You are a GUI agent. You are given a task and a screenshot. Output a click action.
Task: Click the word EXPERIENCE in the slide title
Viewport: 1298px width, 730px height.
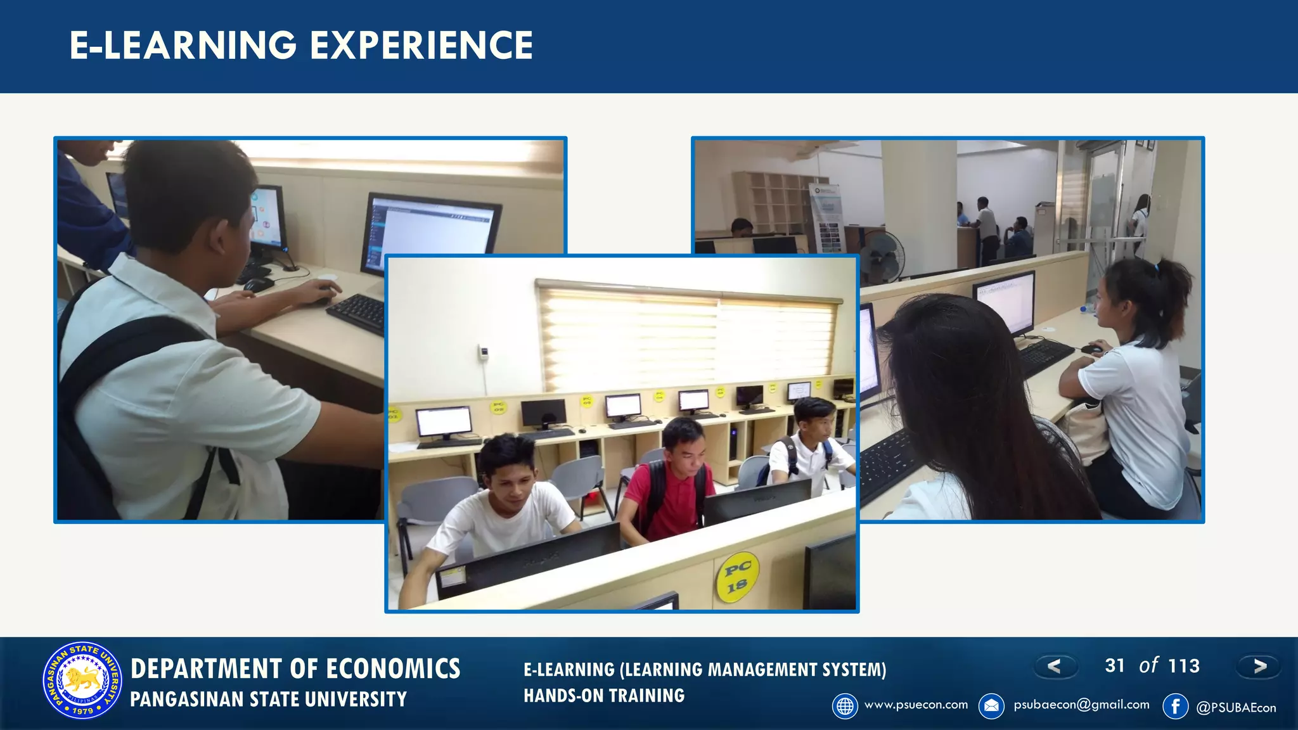coord(421,46)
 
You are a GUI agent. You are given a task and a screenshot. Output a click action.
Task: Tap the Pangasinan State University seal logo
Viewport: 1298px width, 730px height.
coord(82,681)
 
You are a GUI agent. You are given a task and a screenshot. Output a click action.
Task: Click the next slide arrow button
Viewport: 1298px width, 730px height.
coord(1259,666)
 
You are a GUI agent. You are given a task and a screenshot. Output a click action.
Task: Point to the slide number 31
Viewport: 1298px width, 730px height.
coord(1115,665)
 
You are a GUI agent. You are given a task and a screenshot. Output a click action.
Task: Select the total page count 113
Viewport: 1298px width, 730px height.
coord(1184,666)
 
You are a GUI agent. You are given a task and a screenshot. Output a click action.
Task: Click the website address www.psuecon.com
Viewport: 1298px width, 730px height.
coord(916,705)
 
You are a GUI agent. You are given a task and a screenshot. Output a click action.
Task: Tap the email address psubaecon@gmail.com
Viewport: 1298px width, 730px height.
coord(1081,705)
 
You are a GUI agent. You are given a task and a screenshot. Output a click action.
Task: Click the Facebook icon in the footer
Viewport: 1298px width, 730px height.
coord(1175,706)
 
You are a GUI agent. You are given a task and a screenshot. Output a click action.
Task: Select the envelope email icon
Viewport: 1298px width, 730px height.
coord(991,706)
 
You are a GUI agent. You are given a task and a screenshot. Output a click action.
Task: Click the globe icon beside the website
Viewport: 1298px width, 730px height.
coord(845,706)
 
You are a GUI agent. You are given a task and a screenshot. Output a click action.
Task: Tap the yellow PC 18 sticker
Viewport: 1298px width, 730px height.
coord(737,577)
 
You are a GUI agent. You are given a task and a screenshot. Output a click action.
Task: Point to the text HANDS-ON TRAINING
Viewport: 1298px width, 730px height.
coord(604,696)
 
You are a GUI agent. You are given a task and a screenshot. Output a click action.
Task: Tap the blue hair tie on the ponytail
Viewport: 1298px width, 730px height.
coord(1158,267)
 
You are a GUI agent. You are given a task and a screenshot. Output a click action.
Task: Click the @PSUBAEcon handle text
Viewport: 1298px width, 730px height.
coord(1236,708)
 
